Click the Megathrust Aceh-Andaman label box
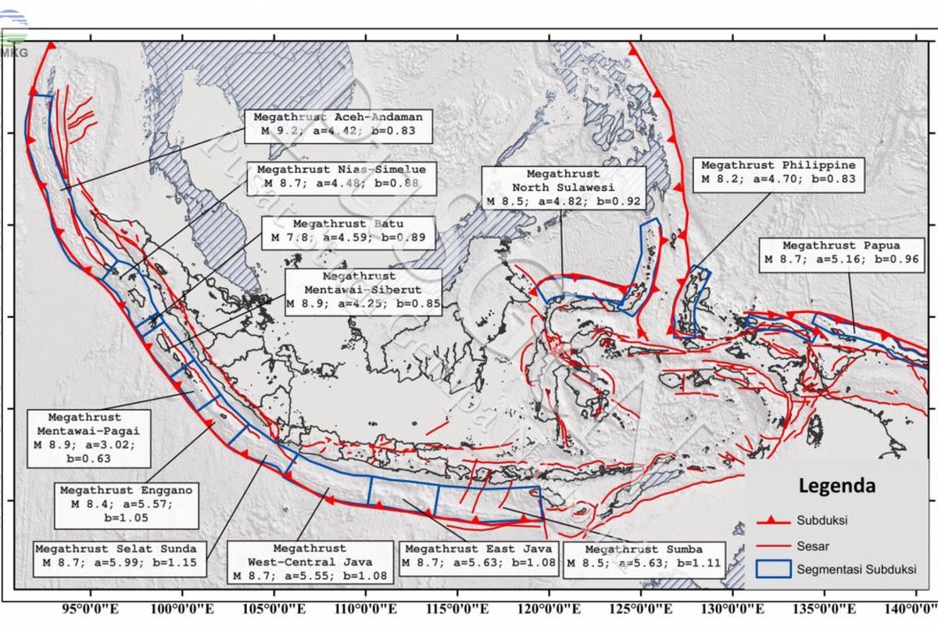point(338,125)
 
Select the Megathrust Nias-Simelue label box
point(342,177)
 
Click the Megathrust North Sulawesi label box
point(563,189)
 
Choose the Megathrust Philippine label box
point(778,173)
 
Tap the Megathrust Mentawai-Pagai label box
point(84,437)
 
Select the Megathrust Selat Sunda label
point(116,556)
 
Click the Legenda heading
point(836,485)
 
